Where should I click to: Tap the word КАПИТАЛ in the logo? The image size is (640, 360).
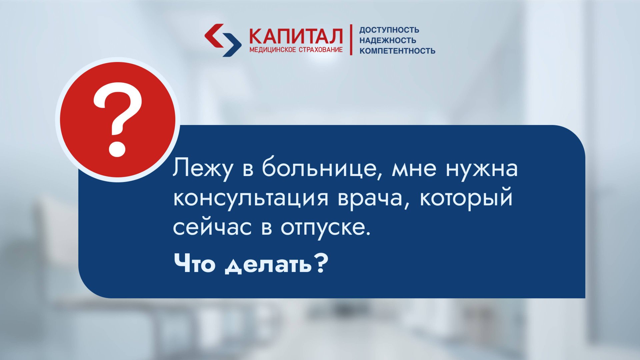296,37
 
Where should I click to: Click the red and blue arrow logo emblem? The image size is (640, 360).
223,40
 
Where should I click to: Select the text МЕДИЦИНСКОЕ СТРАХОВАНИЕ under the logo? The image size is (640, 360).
296,50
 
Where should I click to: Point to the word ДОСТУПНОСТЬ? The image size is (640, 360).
389,30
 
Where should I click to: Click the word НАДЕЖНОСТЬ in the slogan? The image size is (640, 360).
387,40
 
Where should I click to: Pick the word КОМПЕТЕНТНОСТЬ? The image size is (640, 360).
397,51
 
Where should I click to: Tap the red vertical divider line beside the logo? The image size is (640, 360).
351,40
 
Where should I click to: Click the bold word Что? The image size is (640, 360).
194,263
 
